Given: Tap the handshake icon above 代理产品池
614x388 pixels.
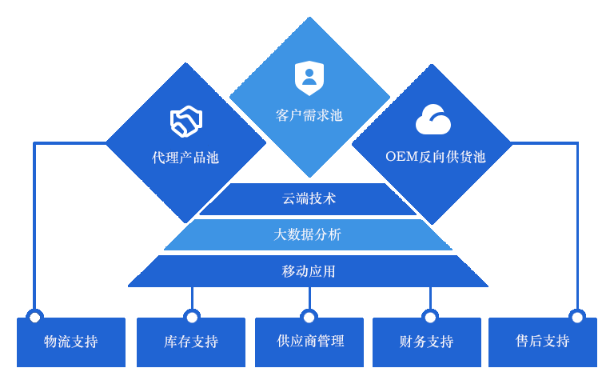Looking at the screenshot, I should [x=185, y=122].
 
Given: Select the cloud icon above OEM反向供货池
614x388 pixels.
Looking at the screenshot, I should [x=433, y=120].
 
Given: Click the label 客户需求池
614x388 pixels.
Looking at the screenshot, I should [x=309, y=115].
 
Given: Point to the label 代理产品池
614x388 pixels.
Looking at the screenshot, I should [x=185, y=158].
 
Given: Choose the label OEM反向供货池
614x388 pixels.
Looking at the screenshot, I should [x=436, y=157].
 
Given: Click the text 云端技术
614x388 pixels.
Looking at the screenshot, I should [x=309, y=198].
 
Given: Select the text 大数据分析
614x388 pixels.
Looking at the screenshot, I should [x=308, y=234].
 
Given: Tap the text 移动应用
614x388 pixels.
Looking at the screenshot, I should [x=309, y=271].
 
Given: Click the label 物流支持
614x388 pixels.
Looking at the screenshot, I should [x=71, y=342].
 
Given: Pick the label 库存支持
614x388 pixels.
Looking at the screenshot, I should [x=191, y=342].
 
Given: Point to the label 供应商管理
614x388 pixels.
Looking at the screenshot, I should [x=311, y=341].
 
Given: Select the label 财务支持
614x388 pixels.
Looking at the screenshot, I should [x=426, y=342].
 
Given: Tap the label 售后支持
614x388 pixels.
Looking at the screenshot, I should [x=543, y=341].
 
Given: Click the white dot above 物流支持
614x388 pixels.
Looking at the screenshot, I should [x=35, y=318].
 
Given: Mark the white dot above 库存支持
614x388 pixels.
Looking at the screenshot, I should [x=192, y=318].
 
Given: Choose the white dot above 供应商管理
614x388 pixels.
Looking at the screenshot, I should [x=309, y=318].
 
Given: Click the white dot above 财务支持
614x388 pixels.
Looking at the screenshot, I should [x=430, y=318].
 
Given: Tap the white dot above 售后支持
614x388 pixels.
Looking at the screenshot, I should [x=577, y=318].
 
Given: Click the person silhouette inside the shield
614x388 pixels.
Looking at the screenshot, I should [x=309, y=78].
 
